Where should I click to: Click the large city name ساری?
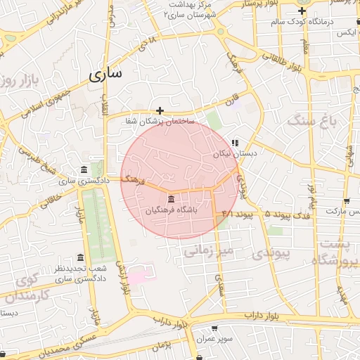click(x=105, y=74)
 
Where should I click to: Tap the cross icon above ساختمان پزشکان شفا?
click(x=160, y=110)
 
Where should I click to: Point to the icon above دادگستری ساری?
click(x=84, y=171)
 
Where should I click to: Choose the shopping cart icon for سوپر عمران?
click(x=214, y=328)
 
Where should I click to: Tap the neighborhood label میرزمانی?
click(x=208, y=250)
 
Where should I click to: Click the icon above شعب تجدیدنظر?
click(x=79, y=257)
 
